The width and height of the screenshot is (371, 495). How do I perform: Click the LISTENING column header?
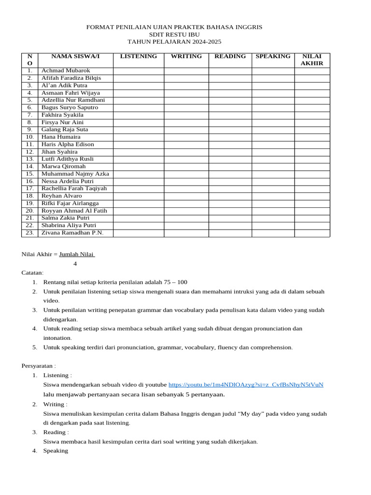[x=138, y=57]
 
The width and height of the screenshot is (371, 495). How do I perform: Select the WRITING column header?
[x=186, y=57]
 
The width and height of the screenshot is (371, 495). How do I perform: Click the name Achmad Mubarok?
[x=66, y=71]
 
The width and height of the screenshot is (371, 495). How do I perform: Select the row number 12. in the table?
[x=29, y=152]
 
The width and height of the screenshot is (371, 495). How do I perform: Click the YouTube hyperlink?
[x=245, y=385]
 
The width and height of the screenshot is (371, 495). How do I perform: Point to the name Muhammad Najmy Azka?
[x=75, y=174]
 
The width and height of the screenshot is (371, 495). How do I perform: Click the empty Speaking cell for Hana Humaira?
[x=273, y=137]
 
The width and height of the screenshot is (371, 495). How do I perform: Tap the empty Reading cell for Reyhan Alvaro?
[x=230, y=196]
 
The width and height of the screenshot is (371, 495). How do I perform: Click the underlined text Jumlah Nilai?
[x=77, y=254]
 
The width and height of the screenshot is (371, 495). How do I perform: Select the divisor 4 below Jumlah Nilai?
[x=75, y=264]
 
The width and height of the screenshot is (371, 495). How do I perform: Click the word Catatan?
[x=32, y=273]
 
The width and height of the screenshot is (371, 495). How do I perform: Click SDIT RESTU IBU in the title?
[x=174, y=35]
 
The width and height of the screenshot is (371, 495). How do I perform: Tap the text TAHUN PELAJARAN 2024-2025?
[x=174, y=43]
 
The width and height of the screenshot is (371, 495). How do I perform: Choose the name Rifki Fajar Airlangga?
[x=70, y=204]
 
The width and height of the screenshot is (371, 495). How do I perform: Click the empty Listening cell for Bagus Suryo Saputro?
[x=138, y=108]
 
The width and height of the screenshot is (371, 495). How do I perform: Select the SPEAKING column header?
[x=273, y=57]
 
